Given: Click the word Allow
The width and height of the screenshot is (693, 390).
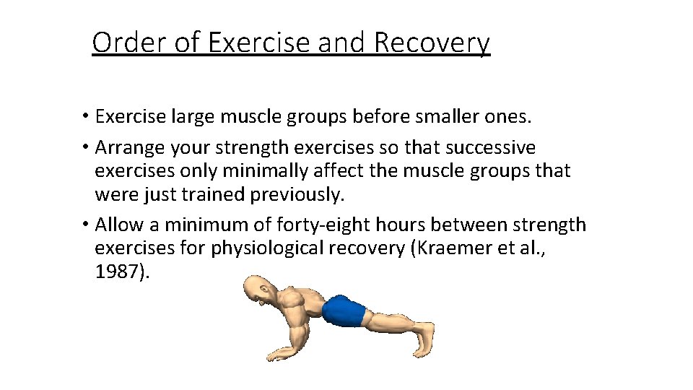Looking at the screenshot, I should (118, 225).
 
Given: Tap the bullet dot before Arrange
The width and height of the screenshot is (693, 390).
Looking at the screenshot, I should (86, 148).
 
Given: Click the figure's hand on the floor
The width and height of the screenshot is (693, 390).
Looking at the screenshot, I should (284, 353).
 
